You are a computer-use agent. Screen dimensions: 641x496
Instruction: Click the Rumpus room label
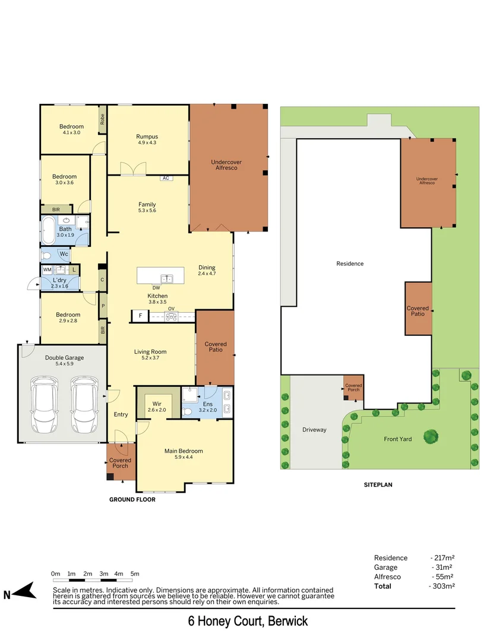[x=147, y=137]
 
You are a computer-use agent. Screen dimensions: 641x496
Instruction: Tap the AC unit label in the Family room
[x=166, y=178]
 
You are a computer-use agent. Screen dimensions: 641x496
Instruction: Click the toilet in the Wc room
[x=46, y=255]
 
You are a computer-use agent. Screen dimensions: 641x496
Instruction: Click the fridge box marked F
[x=140, y=316]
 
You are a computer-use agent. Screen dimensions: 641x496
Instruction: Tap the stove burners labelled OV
[x=171, y=316]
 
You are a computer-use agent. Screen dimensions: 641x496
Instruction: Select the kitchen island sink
[x=168, y=277]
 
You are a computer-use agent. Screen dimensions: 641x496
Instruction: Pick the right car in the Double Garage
[x=84, y=406]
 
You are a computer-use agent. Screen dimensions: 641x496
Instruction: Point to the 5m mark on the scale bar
[x=135, y=574]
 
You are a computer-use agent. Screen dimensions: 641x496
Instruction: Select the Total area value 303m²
[x=441, y=586]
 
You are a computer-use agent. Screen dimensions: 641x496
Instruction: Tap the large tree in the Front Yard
[x=431, y=437]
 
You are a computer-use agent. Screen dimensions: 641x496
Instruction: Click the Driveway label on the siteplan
[x=314, y=430]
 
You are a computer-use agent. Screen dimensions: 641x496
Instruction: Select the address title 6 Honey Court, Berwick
[x=248, y=622]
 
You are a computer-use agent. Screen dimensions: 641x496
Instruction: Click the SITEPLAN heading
[x=378, y=485]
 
